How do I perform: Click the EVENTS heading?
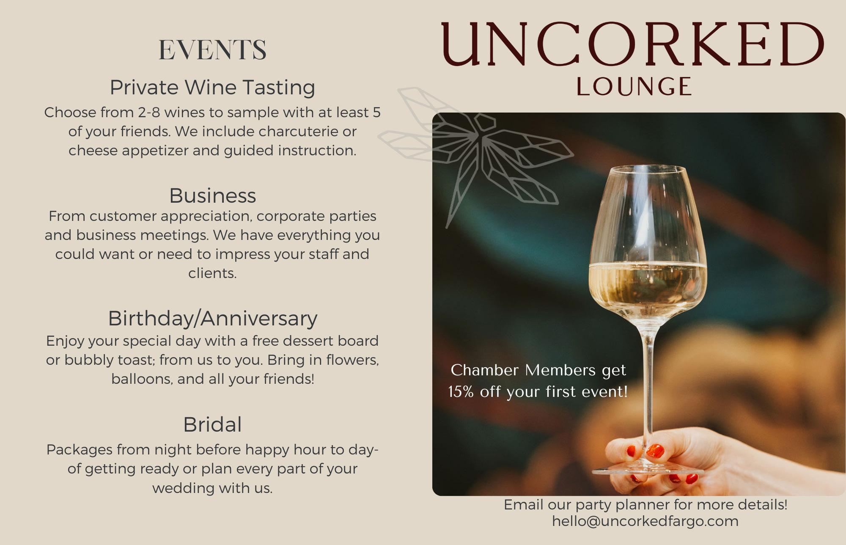[x=212, y=50]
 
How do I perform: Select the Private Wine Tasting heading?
[x=212, y=88]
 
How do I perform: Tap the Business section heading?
[x=212, y=195]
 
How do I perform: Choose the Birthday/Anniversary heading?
[x=212, y=319]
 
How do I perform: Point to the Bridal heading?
[x=212, y=424]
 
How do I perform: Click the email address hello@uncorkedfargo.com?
[x=645, y=521]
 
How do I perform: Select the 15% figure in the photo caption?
[x=461, y=392]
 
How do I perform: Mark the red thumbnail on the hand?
[x=655, y=451]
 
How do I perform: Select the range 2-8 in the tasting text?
[x=149, y=113]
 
